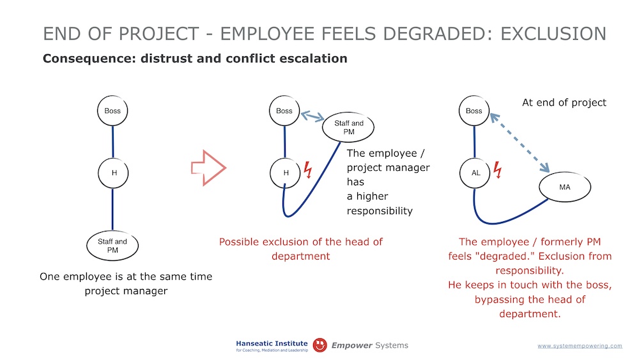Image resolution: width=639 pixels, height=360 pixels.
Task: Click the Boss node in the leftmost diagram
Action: tap(112, 111)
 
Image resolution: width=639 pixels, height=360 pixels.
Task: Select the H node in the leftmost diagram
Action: tap(113, 173)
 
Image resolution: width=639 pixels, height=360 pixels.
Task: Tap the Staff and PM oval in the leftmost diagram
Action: tap(112, 246)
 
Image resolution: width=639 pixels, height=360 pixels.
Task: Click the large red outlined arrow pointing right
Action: tap(208, 168)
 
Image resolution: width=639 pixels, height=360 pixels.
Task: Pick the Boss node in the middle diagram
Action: tap(284, 111)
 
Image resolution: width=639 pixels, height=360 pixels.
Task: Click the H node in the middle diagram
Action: tap(285, 173)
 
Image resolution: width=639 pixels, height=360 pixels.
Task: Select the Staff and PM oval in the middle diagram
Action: tap(348, 127)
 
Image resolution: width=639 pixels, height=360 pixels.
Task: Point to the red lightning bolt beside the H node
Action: tap(308, 169)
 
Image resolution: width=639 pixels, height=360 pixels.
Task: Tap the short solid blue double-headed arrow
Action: tap(312, 116)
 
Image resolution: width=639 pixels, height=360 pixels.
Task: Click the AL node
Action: tap(475, 173)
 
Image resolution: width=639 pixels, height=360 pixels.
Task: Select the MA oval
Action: tap(565, 187)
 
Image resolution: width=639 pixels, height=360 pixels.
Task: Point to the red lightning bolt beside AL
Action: tap(498, 169)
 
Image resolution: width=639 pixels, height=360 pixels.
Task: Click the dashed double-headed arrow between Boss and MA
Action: tap(520, 143)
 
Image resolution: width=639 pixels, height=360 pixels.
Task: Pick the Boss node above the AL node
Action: tap(474, 111)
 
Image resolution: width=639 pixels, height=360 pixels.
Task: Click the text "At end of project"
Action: tap(564, 102)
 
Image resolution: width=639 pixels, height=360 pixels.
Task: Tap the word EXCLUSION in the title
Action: tap(553, 33)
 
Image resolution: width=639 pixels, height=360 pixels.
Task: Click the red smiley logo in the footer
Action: tap(320, 345)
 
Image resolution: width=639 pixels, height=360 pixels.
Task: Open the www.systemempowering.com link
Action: tap(580, 346)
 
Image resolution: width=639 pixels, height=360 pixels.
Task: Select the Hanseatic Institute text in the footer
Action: tap(272, 343)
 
